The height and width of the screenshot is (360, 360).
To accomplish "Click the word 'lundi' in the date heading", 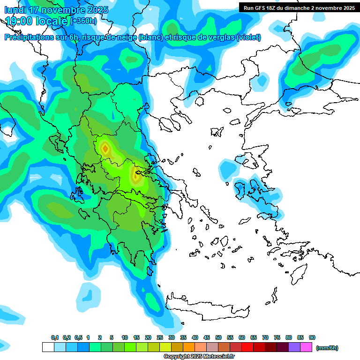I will click(15, 10).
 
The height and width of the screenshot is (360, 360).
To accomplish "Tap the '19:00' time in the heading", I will click(19, 21).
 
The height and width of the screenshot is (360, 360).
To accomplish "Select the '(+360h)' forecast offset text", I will click(83, 21).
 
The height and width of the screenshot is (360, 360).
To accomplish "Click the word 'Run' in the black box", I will click(249, 8).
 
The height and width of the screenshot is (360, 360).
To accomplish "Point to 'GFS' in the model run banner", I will click(261, 8).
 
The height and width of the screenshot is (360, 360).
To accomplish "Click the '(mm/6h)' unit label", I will click(327, 348).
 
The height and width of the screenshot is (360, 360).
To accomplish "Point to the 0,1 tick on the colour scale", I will click(55, 338).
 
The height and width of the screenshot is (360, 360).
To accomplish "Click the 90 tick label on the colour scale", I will click(312, 338).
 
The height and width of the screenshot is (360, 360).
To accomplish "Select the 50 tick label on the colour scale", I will click(218, 338).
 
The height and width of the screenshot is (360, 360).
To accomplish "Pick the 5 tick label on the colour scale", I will click(112, 338).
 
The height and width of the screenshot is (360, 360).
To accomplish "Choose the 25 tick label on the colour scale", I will click(160, 338).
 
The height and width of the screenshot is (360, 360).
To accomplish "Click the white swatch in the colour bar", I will click(48, 347).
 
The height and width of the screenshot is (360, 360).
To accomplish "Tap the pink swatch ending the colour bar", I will click(306, 347).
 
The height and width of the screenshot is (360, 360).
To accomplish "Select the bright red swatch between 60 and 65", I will click(247, 347).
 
